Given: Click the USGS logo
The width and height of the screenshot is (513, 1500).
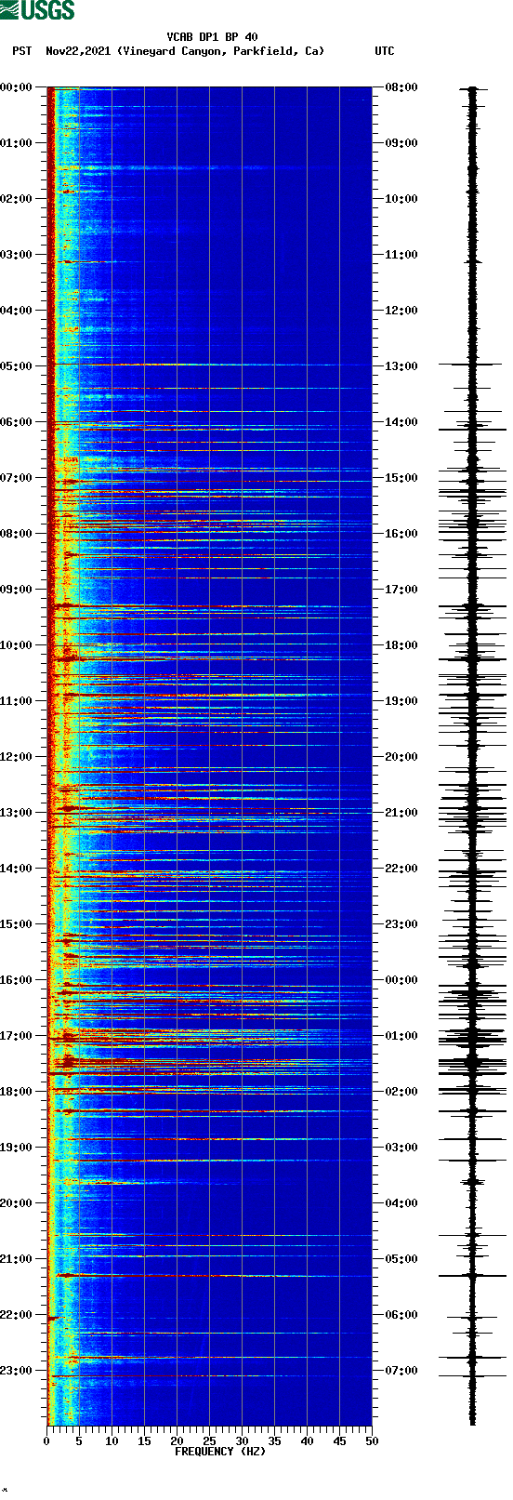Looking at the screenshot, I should click(x=37, y=10).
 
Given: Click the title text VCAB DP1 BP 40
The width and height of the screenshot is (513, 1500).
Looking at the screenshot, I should click(x=212, y=37).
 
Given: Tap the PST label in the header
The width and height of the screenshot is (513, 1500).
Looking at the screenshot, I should click(x=21, y=51).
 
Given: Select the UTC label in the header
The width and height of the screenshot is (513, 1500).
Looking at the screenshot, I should click(x=384, y=51).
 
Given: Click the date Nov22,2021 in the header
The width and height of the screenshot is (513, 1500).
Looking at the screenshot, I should click(x=78, y=51).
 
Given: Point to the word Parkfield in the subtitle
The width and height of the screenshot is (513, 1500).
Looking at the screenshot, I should click(x=264, y=51).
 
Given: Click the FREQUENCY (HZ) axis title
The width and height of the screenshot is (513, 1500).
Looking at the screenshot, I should click(x=220, y=1451).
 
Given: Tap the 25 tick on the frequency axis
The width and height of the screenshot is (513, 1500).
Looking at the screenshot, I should click(x=209, y=1440).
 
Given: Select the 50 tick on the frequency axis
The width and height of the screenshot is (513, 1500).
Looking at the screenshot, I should click(x=372, y=1440).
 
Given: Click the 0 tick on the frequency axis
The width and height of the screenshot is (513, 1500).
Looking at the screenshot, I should click(x=46, y=1440).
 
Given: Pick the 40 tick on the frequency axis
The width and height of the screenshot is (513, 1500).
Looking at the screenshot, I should click(x=307, y=1440).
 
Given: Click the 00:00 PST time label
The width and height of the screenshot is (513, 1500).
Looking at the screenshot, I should click(x=16, y=87).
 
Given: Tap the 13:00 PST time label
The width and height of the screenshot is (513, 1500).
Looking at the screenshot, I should click(x=16, y=813).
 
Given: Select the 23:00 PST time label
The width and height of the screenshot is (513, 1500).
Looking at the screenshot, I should click(x=16, y=1371).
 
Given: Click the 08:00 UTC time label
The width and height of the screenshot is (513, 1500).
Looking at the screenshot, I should click(x=401, y=87).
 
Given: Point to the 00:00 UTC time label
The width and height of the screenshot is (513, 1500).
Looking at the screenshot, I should click(x=401, y=980).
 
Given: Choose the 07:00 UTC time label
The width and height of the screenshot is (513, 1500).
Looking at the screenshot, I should click(x=401, y=1371).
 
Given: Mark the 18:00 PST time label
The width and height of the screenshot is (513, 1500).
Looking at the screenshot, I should click(x=16, y=1092).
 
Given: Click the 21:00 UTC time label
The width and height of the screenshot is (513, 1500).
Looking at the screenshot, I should click(x=401, y=813).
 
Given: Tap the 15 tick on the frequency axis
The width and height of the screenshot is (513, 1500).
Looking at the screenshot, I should click(x=144, y=1440).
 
